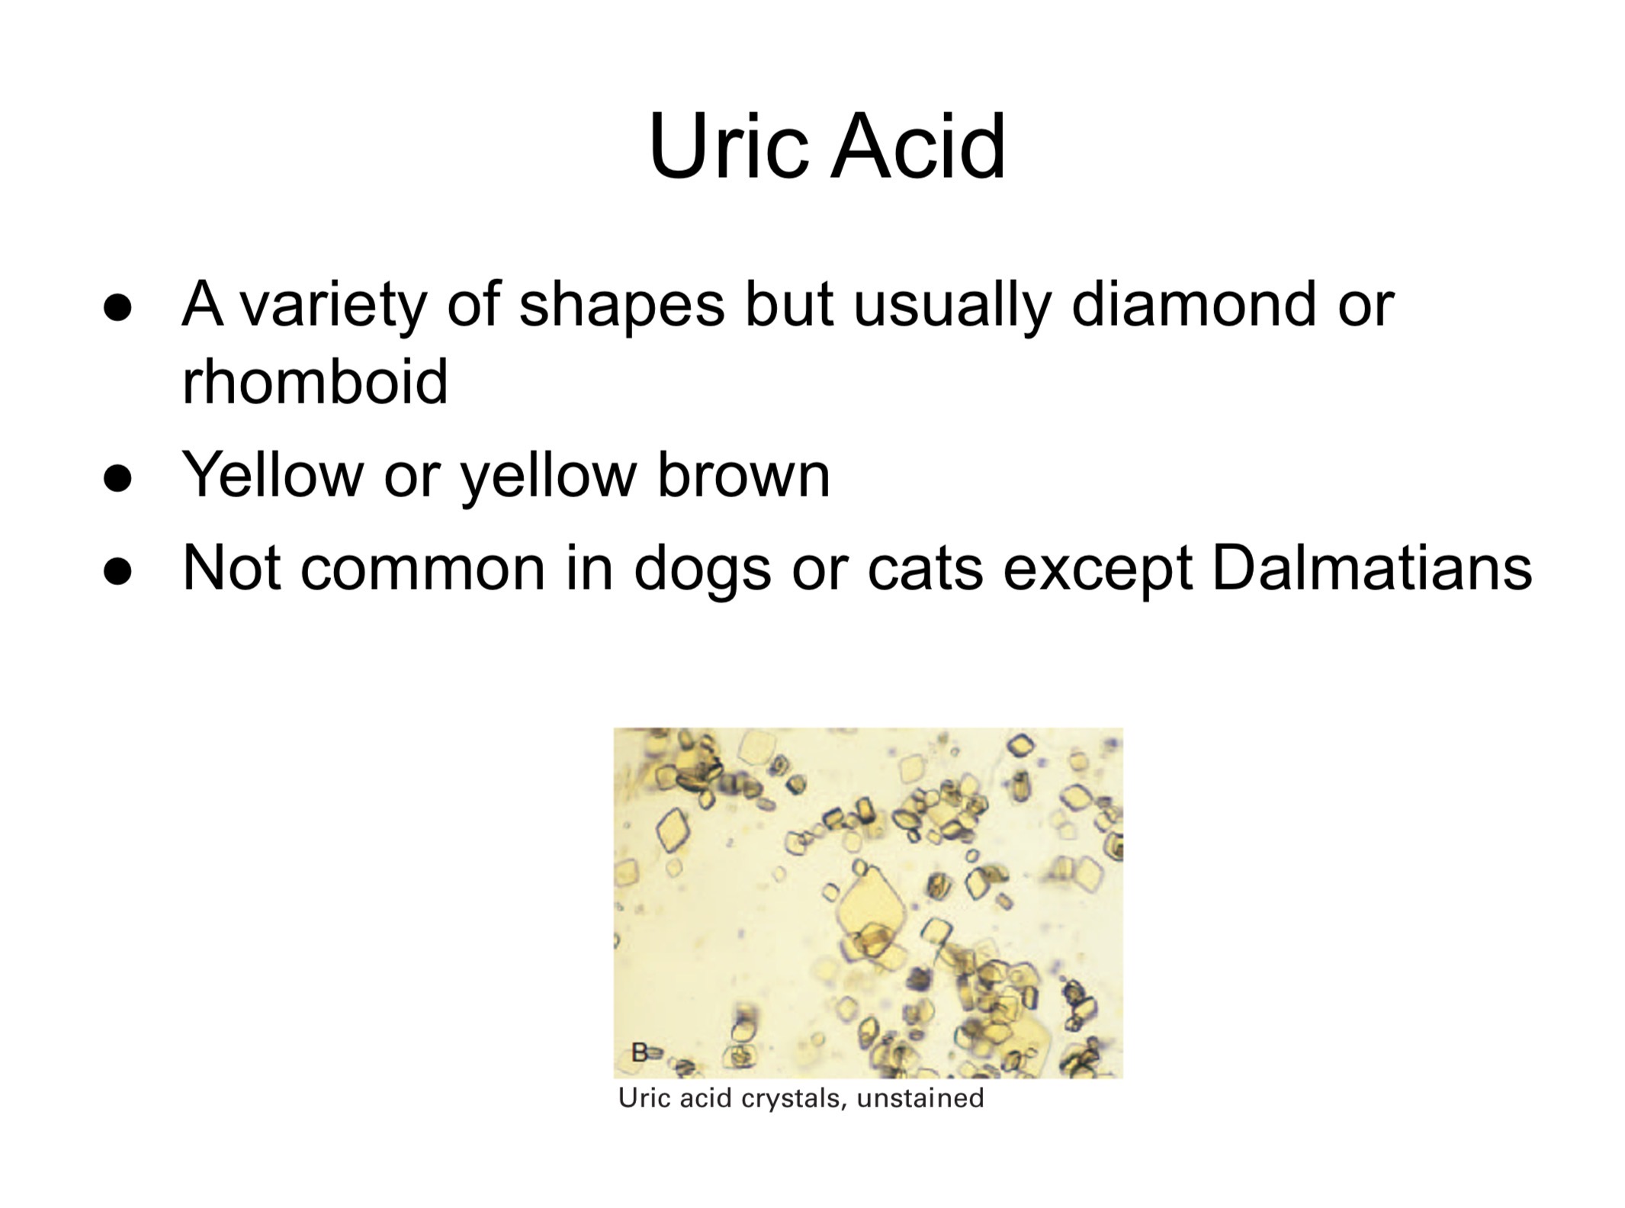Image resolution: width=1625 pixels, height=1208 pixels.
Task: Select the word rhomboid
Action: click(314, 381)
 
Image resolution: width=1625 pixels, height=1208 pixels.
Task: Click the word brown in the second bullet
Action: click(743, 475)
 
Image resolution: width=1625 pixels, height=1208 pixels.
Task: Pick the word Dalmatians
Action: click(1371, 568)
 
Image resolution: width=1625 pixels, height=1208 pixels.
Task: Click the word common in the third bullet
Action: click(422, 569)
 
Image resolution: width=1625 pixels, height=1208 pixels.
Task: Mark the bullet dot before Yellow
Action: click(117, 479)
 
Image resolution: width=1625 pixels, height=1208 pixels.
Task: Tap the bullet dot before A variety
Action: click(117, 308)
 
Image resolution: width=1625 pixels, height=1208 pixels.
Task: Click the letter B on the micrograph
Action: click(639, 1052)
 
